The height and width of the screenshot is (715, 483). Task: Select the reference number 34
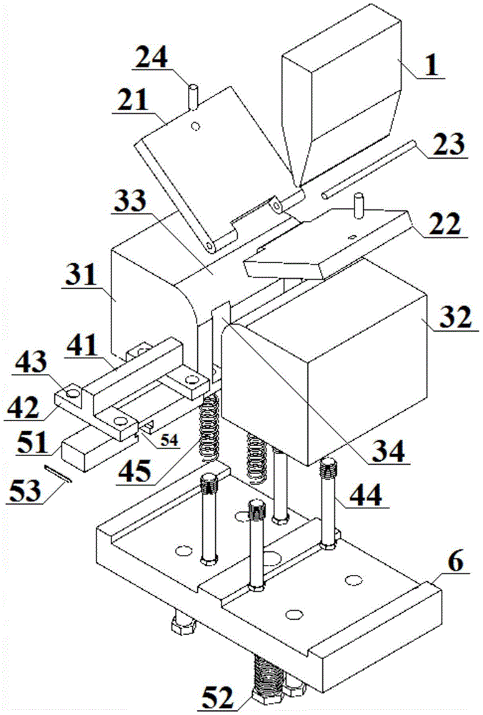(388, 451)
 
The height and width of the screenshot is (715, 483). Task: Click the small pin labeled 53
(59, 473)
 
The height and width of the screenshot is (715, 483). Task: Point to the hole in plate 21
(196, 125)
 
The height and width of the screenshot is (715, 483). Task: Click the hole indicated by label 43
(72, 392)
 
